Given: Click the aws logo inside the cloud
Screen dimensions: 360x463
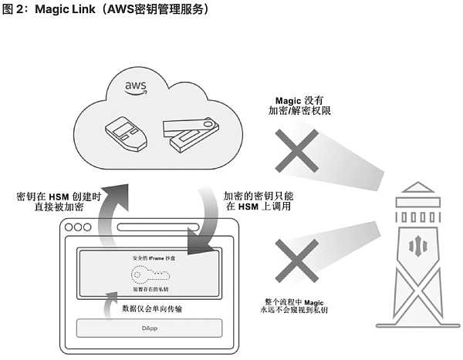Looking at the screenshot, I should click(x=137, y=87).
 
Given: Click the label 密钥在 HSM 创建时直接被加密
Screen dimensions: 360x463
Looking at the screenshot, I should click(x=59, y=203).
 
